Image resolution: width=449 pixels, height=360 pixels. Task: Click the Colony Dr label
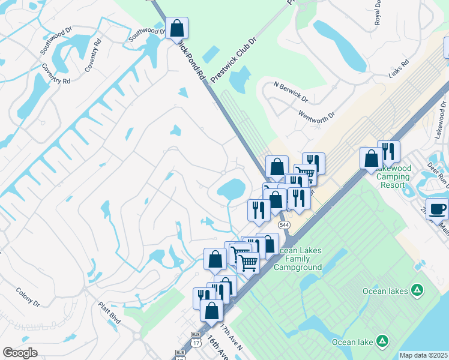28,296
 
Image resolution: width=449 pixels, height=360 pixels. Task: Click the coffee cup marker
437,209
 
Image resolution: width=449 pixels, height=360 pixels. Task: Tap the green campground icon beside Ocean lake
382,341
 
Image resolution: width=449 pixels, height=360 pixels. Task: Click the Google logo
20,352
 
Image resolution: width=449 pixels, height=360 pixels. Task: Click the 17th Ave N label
231,338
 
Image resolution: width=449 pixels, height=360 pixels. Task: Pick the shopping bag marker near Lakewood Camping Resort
372,159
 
